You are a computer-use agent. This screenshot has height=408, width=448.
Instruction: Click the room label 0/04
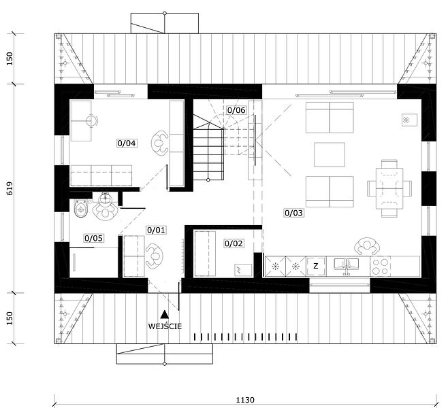pyautogui.click(x=127, y=143)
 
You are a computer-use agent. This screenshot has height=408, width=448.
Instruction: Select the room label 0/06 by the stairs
pyautogui.click(x=236, y=110)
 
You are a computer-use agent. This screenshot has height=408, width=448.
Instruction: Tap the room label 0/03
pyautogui.click(x=293, y=213)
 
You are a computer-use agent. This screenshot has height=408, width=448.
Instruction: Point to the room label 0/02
pyautogui.click(x=234, y=243)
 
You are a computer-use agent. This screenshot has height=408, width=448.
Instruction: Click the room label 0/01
pyautogui.click(x=156, y=230)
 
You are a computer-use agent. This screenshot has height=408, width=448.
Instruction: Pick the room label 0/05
pyautogui.click(x=94, y=238)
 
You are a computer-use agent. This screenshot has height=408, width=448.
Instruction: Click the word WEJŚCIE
pyautogui.click(x=165, y=326)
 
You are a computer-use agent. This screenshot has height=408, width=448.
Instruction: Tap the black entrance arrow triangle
pyautogui.click(x=164, y=314)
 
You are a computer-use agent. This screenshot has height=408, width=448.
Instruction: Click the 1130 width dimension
pyautogui.click(x=245, y=400)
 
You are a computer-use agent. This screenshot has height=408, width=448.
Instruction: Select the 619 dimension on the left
pyautogui.click(x=10, y=188)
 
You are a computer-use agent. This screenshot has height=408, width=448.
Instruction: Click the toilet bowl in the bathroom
pyautogui.click(x=80, y=209)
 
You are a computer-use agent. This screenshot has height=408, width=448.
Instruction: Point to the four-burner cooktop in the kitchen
pyautogui.click(x=381, y=267)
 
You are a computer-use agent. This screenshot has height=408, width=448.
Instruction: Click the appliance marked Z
pyautogui.click(x=316, y=267)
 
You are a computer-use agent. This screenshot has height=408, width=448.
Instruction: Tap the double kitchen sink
pyautogui.click(x=347, y=265)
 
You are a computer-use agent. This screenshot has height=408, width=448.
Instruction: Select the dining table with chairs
pyautogui.click(x=389, y=188)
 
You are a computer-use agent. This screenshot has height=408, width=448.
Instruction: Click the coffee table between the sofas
pyautogui.click(x=330, y=154)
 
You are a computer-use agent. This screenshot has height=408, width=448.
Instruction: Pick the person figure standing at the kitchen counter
pyautogui.click(x=367, y=246)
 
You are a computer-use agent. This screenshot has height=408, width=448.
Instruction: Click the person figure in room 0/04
pyautogui.click(x=160, y=143)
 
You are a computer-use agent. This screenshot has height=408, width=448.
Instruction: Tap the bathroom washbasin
pyautogui.click(x=106, y=197)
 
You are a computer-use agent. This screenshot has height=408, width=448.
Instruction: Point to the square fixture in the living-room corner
pyautogui.click(x=409, y=120)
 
